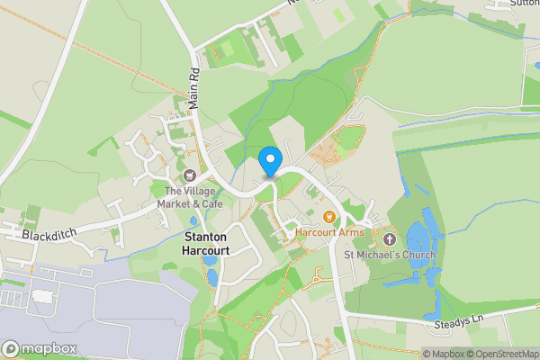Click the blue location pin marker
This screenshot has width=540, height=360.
point(269,161)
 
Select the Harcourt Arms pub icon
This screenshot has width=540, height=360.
point(329,216)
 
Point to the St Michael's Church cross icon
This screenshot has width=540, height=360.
point(390,239)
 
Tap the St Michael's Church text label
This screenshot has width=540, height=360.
point(390,256)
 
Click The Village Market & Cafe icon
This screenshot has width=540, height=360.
point(190,175)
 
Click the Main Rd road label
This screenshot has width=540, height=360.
point(193,85)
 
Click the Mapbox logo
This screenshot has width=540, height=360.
point(40,348)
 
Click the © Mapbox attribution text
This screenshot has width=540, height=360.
point(443,354)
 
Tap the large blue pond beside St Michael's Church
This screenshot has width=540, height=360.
point(418,239)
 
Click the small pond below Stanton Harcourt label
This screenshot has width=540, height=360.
point(210,260)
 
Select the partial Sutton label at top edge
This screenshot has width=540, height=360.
point(525,4)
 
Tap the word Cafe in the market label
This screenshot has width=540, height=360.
point(211,203)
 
